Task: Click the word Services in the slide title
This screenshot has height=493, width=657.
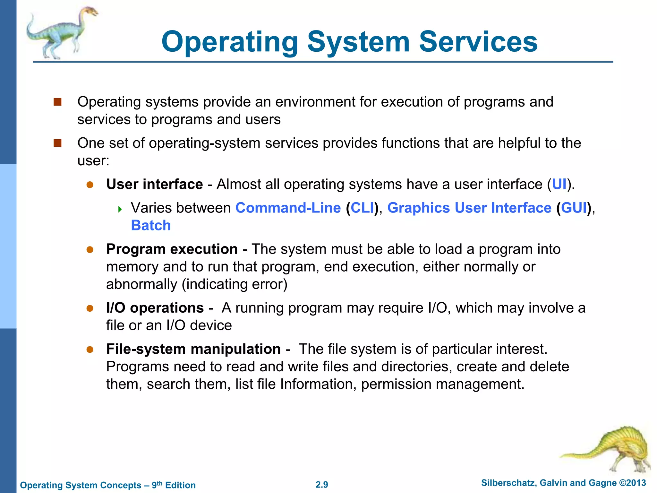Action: (478, 42)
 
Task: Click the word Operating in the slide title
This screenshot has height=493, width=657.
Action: (230, 42)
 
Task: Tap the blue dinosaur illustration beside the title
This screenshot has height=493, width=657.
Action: (61, 33)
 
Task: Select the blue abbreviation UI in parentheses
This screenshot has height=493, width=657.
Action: (559, 184)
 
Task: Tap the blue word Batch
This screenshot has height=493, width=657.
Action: (151, 225)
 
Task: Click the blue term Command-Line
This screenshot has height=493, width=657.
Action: (288, 208)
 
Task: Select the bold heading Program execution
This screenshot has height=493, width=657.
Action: (172, 249)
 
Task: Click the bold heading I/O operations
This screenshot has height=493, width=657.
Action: (155, 308)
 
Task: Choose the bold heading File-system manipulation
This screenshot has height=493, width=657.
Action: (193, 349)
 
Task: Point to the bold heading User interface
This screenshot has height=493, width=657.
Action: (155, 184)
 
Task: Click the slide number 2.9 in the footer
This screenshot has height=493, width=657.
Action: (322, 485)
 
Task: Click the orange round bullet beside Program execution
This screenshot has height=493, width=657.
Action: (90, 250)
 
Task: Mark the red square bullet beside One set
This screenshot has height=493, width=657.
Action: (58, 143)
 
